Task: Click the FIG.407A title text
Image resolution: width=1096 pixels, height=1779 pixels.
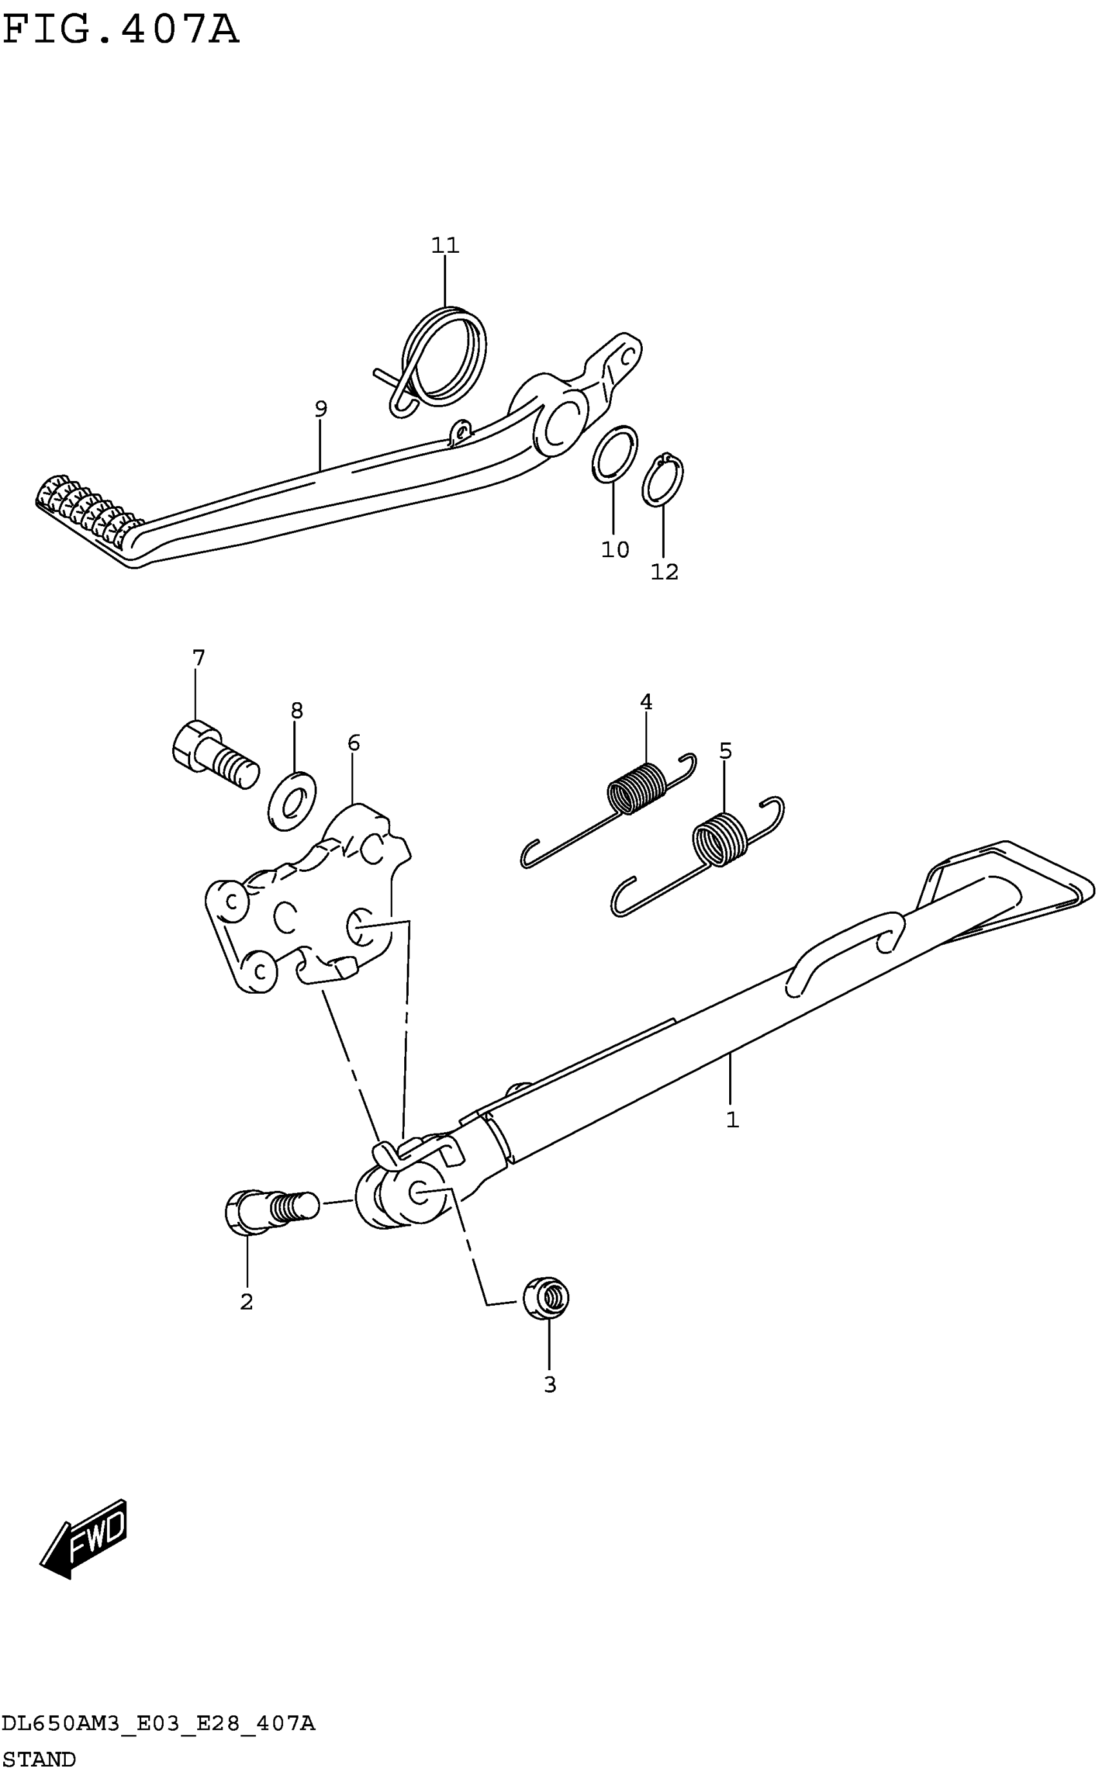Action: coord(121,30)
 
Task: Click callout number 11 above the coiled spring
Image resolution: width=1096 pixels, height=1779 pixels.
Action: coord(445,246)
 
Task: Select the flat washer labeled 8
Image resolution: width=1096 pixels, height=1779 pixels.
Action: coord(292,804)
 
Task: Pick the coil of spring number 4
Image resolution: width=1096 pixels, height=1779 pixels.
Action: coord(636,788)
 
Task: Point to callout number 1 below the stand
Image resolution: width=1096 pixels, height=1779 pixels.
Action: coord(732,1120)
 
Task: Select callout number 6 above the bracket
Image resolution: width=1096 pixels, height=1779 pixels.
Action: coord(353,743)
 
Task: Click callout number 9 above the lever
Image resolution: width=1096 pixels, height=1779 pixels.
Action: coord(320,409)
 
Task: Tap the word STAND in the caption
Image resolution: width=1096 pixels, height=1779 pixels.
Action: coord(39,1760)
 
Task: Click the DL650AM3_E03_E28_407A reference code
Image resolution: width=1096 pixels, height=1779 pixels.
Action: coord(158,1723)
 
